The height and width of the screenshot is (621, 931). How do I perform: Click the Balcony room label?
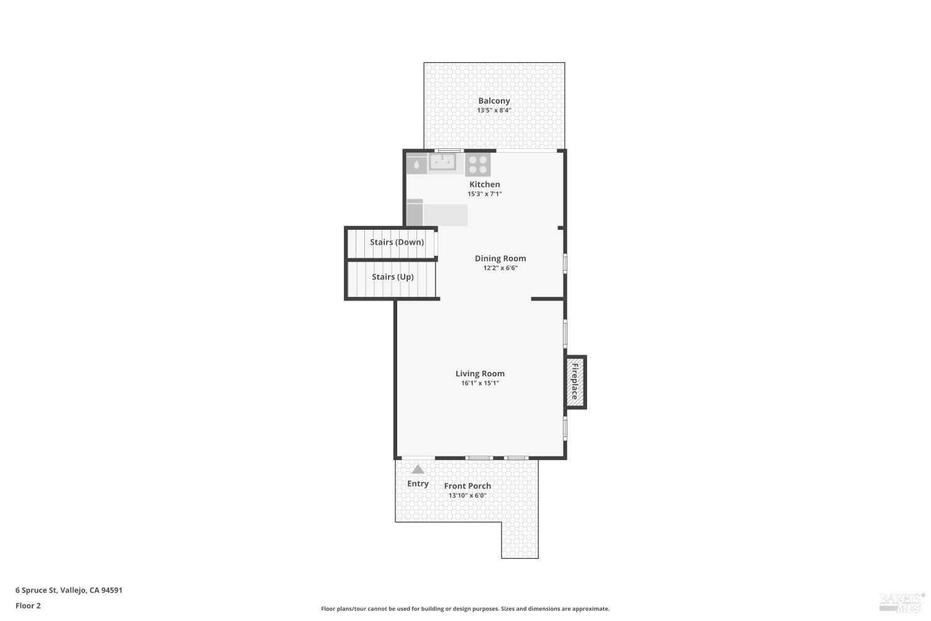coord(494,101)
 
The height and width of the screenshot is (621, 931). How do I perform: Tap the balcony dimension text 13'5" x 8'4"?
coord(494,110)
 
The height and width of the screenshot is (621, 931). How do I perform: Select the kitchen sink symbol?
coord(442,162)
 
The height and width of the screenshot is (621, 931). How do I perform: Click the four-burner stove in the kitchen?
coord(477,165)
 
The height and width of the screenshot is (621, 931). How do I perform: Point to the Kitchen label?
coord(485,184)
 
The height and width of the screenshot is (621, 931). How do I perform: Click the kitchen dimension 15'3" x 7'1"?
coord(485,194)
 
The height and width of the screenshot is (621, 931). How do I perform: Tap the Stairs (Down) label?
coord(397,242)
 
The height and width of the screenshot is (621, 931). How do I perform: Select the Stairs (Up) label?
coord(393,277)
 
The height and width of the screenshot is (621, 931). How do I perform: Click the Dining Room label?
coord(500,258)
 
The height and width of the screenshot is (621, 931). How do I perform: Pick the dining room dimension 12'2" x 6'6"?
coord(500,268)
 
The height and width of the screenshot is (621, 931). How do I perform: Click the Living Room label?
coord(480,373)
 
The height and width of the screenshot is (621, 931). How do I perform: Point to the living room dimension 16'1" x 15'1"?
coord(480,383)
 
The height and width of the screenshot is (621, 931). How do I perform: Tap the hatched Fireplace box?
coord(576,382)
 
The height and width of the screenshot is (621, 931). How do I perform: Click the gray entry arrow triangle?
coord(418,469)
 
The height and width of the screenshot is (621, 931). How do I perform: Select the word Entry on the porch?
coord(418,483)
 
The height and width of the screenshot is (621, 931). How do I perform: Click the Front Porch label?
coord(467,486)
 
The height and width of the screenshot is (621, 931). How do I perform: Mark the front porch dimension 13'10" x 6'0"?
coord(467,496)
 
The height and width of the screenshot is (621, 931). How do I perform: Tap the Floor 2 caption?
coord(29,605)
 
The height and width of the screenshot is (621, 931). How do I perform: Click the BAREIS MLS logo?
coord(901,603)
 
